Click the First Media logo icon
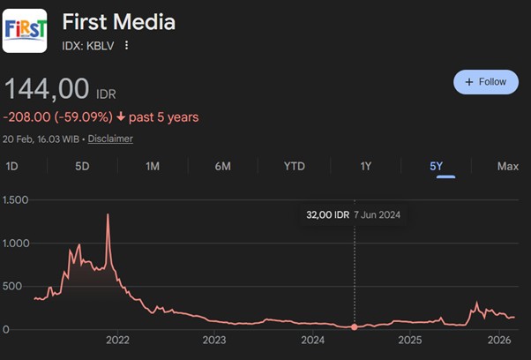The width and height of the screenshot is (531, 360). click(x=26, y=31)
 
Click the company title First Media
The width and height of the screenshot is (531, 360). click(x=119, y=21)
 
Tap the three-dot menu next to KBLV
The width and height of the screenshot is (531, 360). click(x=127, y=46)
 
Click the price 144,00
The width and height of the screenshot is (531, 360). click(x=48, y=89)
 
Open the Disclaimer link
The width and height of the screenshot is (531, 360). click(x=110, y=139)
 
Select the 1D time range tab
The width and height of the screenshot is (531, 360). click(x=12, y=166)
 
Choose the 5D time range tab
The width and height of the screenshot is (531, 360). click(x=82, y=166)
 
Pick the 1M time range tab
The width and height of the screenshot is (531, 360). click(x=153, y=166)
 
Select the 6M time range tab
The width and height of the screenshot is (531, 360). click(x=223, y=166)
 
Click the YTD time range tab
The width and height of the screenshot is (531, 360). click(x=295, y=166)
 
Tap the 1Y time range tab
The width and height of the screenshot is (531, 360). click(x=366, y=166)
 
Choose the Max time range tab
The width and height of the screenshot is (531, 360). click(x=507, y=166)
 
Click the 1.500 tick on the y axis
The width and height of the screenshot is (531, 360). click(x=17, y=200)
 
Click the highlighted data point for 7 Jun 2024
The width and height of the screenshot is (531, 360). click(x=355, y=327)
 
